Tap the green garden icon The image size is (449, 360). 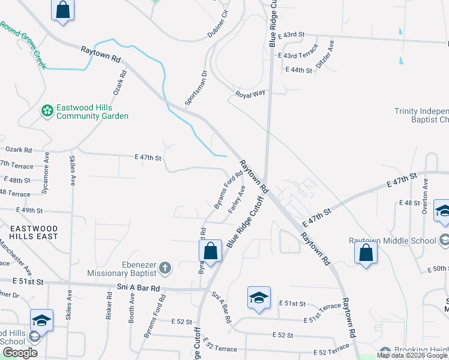[x=47, y=111]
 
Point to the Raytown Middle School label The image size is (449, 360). [x=393, y=241]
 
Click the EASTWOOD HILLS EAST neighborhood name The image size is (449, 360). [x=34, y=232]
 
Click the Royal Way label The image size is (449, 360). [x=250, y=94]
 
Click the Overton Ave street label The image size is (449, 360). [x=424, y=196]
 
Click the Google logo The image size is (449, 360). [x=20, y=353]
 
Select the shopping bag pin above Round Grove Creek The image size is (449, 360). [x=62, y=10]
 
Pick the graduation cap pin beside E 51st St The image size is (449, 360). [x=259, y=298]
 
